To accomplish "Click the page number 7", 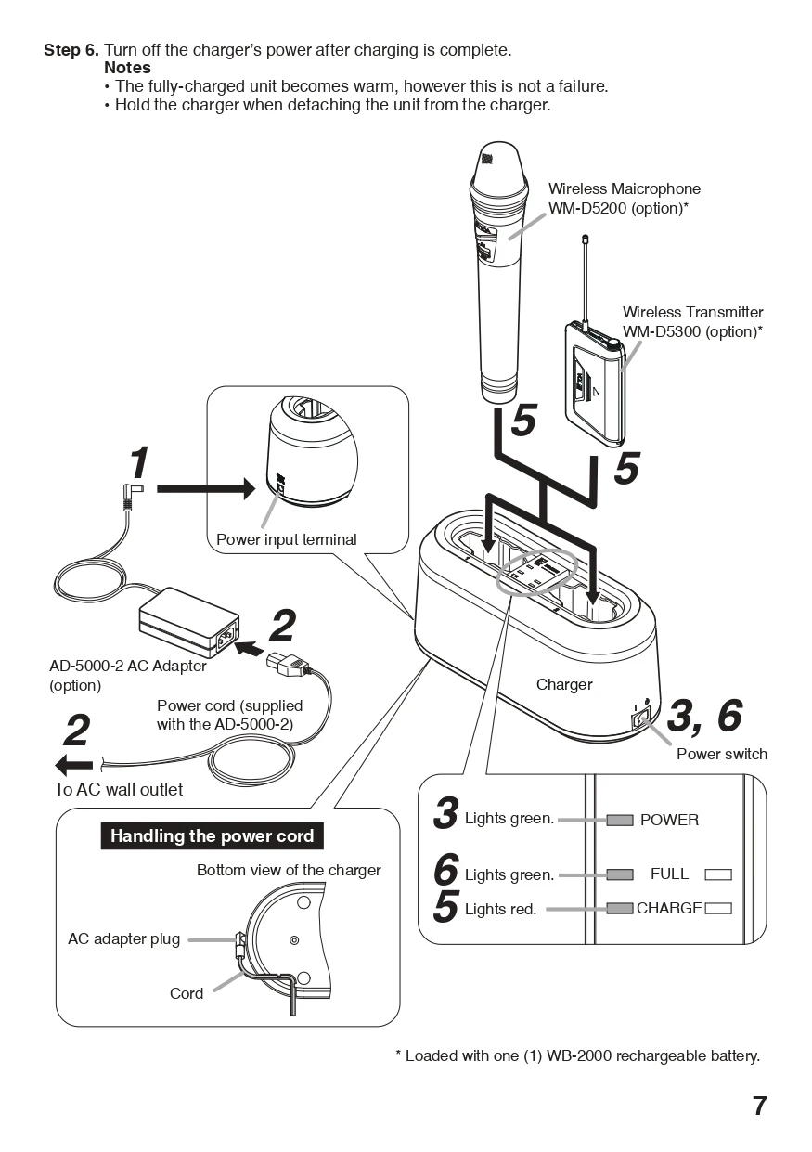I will [x=759, y=1106].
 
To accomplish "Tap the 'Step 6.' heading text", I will [x=71, y=49].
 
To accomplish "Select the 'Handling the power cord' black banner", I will [x=212, y=835].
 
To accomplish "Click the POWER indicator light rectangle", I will [x=620, y=820].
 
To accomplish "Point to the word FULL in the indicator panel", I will [x=669, y=874].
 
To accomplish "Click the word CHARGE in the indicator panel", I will [x=668, y=908].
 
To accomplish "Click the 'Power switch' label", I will [x=721, y=754].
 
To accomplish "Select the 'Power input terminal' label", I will [x=286, y=539].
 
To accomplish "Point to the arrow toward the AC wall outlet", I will [x=74, y=764].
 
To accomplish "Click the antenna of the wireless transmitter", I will [x=586, y=278].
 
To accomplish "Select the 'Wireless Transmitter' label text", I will [x=692, y=313].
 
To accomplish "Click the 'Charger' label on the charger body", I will [x=563, y=684].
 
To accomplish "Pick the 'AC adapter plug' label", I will [x=123, y=938].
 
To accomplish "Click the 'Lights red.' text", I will [x=500, y=909].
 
